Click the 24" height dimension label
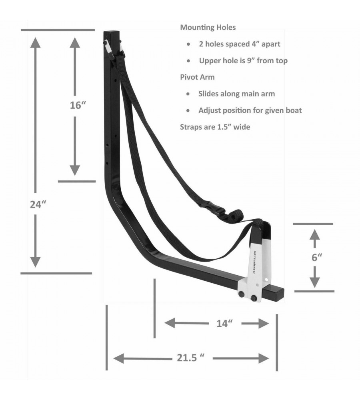coord(39,204)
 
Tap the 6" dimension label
coord(317,257)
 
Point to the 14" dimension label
coord(224,324)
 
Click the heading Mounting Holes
coord(208,28)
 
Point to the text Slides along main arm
coord(236,94)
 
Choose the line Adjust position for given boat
coord(250,110)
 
